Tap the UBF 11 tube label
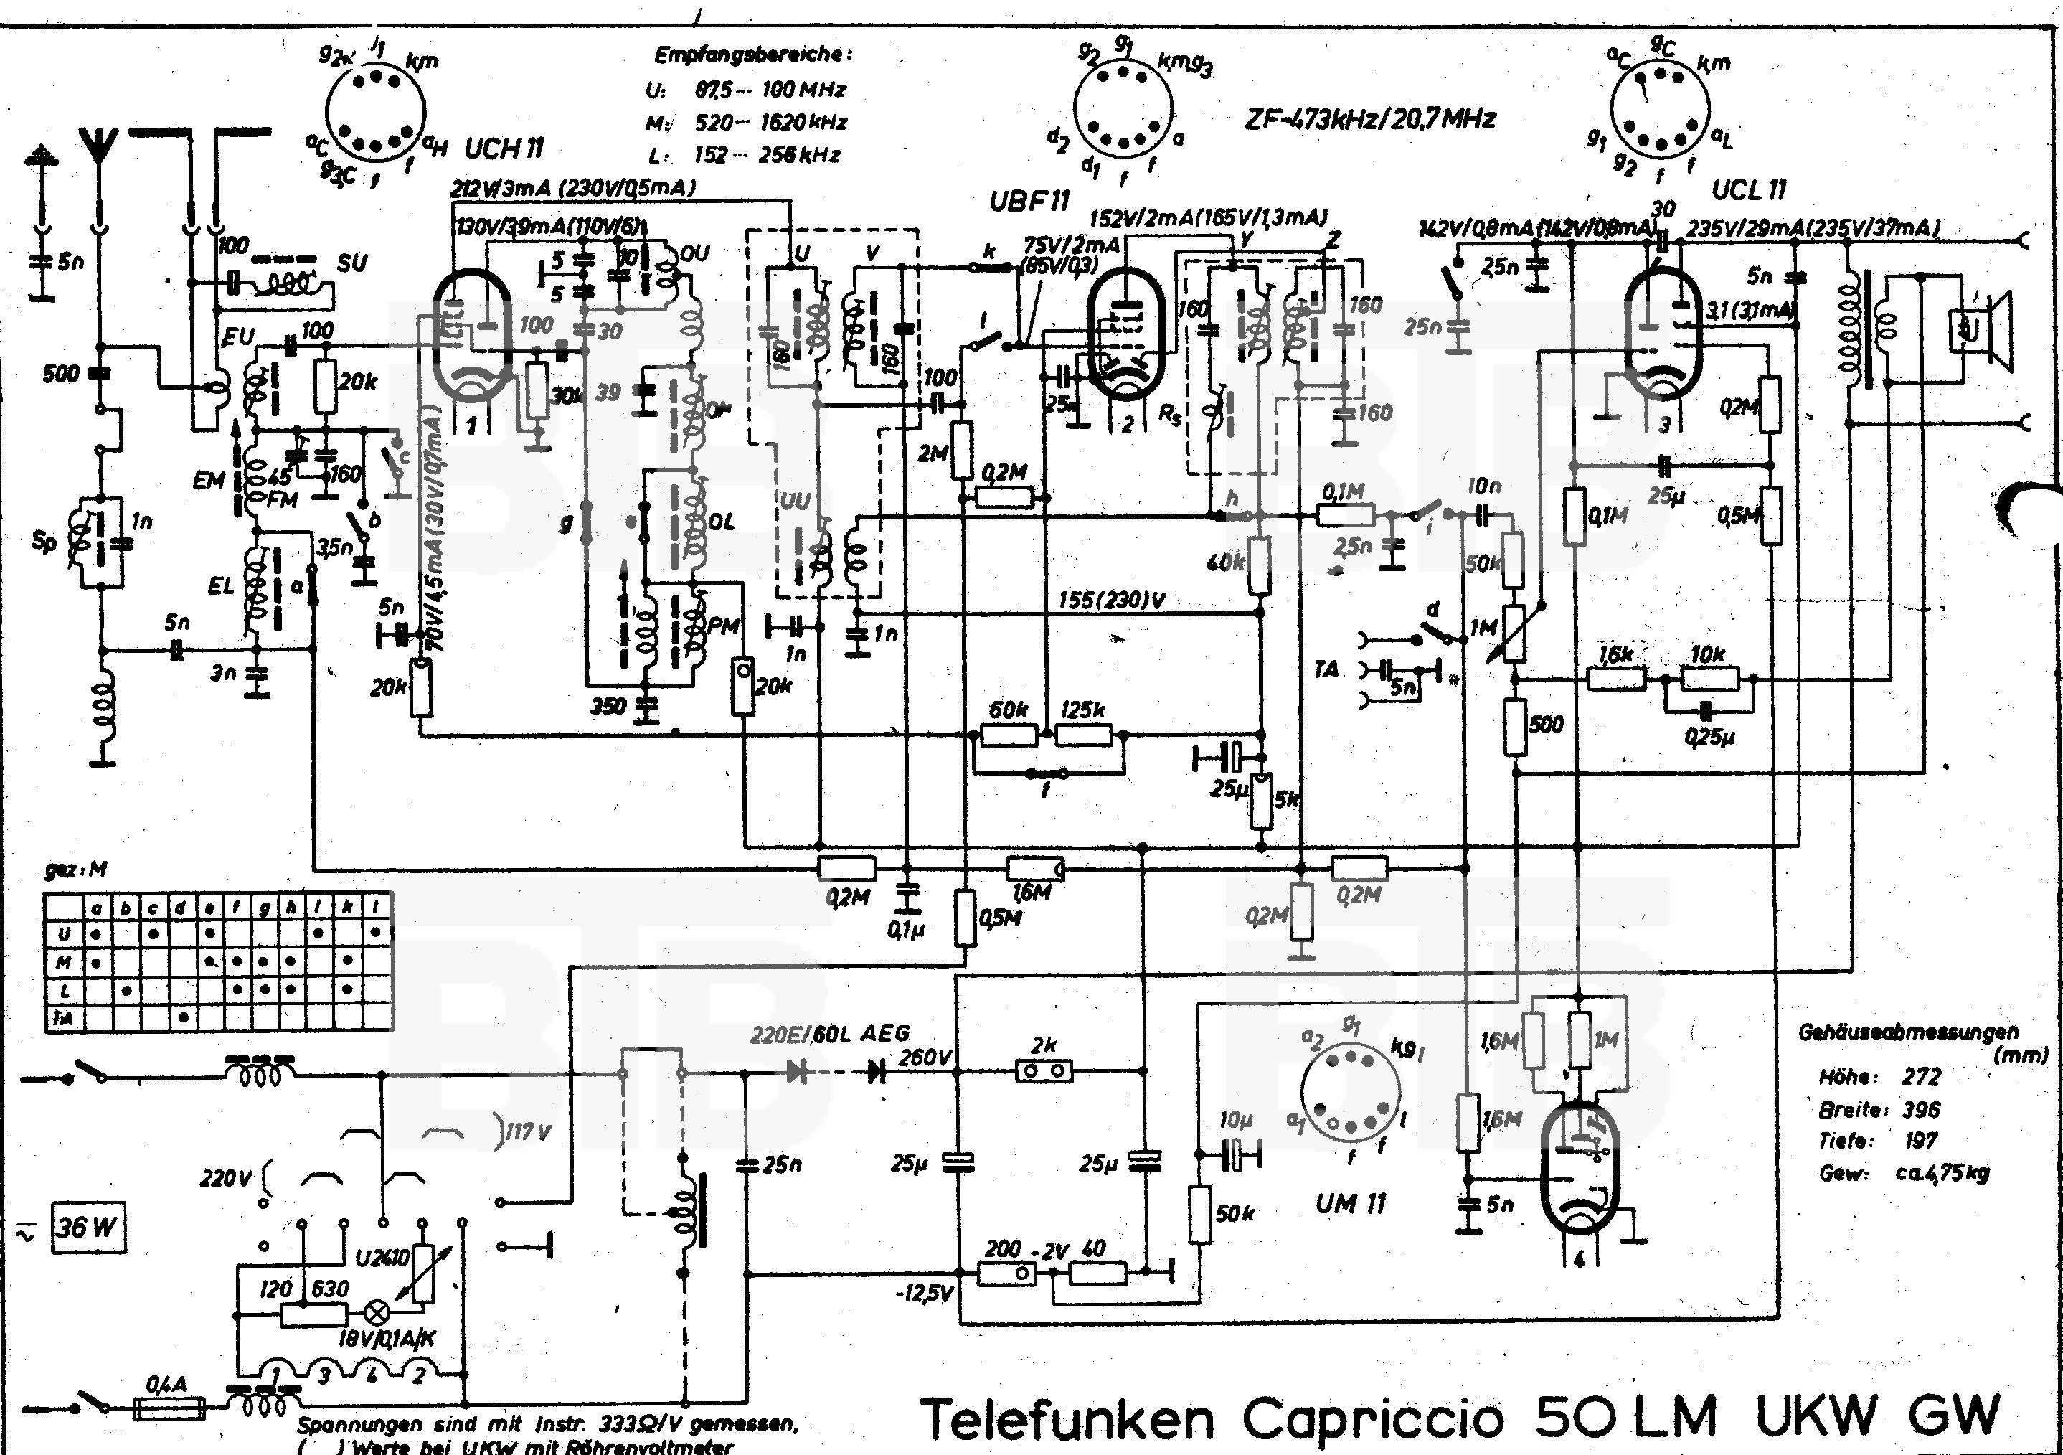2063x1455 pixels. pos(1029,202)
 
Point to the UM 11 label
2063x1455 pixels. pos(1351,1203)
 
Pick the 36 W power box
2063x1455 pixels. pos(88,1227)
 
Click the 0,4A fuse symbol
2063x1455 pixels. pos(168,1408)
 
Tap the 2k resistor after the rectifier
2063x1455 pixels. pos(1043,1070)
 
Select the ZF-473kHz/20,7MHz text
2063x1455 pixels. pos(1370,118)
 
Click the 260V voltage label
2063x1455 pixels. pos(924,1058)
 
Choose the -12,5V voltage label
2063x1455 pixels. pos(925,1294)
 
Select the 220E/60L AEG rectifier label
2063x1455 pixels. pos(830,1035)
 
